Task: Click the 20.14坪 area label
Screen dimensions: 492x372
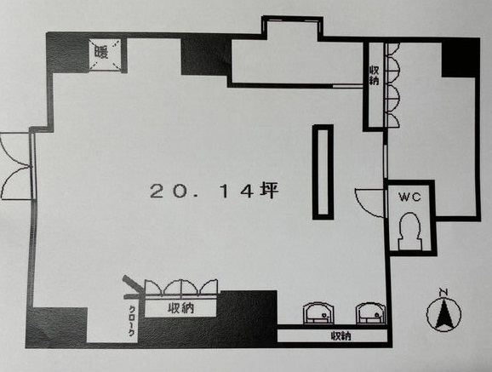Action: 215,192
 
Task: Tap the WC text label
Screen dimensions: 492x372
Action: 409,197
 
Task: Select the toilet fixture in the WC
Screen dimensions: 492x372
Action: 409,232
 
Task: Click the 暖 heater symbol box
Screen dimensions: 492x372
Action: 105,54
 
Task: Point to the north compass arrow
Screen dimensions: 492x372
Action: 443,313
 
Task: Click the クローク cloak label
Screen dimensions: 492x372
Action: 132,321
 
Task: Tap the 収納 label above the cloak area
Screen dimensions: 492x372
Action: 180,308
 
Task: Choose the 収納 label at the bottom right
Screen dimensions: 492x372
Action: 340,336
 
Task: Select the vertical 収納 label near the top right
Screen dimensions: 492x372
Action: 374,76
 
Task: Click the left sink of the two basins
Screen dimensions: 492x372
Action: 318,312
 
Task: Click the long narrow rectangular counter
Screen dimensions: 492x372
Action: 323,172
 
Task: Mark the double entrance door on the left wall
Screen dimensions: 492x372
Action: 16,166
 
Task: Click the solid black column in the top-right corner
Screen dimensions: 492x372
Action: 461,58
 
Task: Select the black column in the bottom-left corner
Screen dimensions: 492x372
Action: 56,328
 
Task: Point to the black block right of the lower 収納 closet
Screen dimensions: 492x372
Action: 247,318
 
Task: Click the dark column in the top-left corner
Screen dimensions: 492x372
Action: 67,53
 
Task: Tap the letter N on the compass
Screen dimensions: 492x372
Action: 443,293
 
